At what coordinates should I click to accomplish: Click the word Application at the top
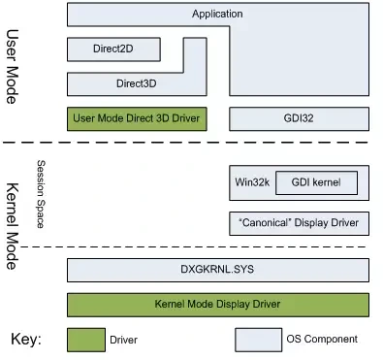pos(217,14)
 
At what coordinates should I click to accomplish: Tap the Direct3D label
pos(136,83)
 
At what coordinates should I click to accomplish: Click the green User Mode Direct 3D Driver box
pos(137,118)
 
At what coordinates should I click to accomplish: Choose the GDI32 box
pos(299,118)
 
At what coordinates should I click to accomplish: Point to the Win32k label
pos(250,181)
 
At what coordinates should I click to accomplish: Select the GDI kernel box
pos(316,182)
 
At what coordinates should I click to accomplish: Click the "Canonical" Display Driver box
pos(299,223)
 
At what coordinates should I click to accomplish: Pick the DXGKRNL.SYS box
pos(217,268)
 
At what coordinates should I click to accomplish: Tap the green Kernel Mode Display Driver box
pos(217,305)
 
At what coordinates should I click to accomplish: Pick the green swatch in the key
pos(87,340)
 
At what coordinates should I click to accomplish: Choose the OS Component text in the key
pos(322,340)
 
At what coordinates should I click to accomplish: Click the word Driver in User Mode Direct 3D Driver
pos(184,118)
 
